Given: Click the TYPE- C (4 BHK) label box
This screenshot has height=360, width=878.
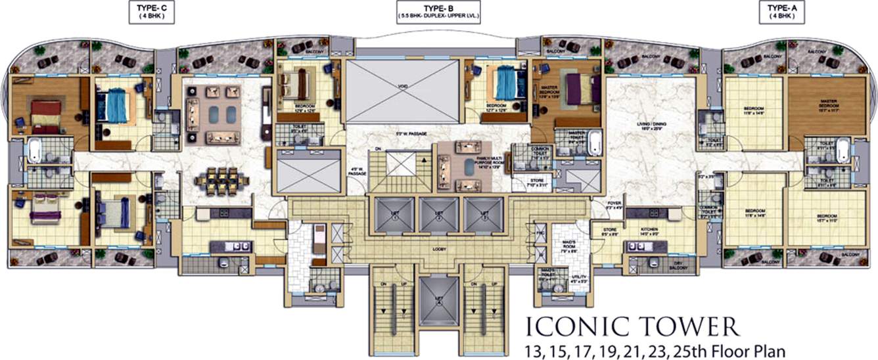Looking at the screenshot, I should [x=151, y=12].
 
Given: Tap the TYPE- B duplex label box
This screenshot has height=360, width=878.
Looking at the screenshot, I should [x=438, y=12].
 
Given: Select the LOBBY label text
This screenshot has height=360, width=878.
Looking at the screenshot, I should [x=440, y=249].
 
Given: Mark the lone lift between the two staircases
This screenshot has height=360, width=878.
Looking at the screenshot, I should [x=439, y=299].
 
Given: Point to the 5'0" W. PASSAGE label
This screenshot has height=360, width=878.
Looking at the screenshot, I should [x=407, y=134].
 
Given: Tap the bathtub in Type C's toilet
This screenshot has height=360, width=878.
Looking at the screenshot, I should [x=34, y=150].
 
